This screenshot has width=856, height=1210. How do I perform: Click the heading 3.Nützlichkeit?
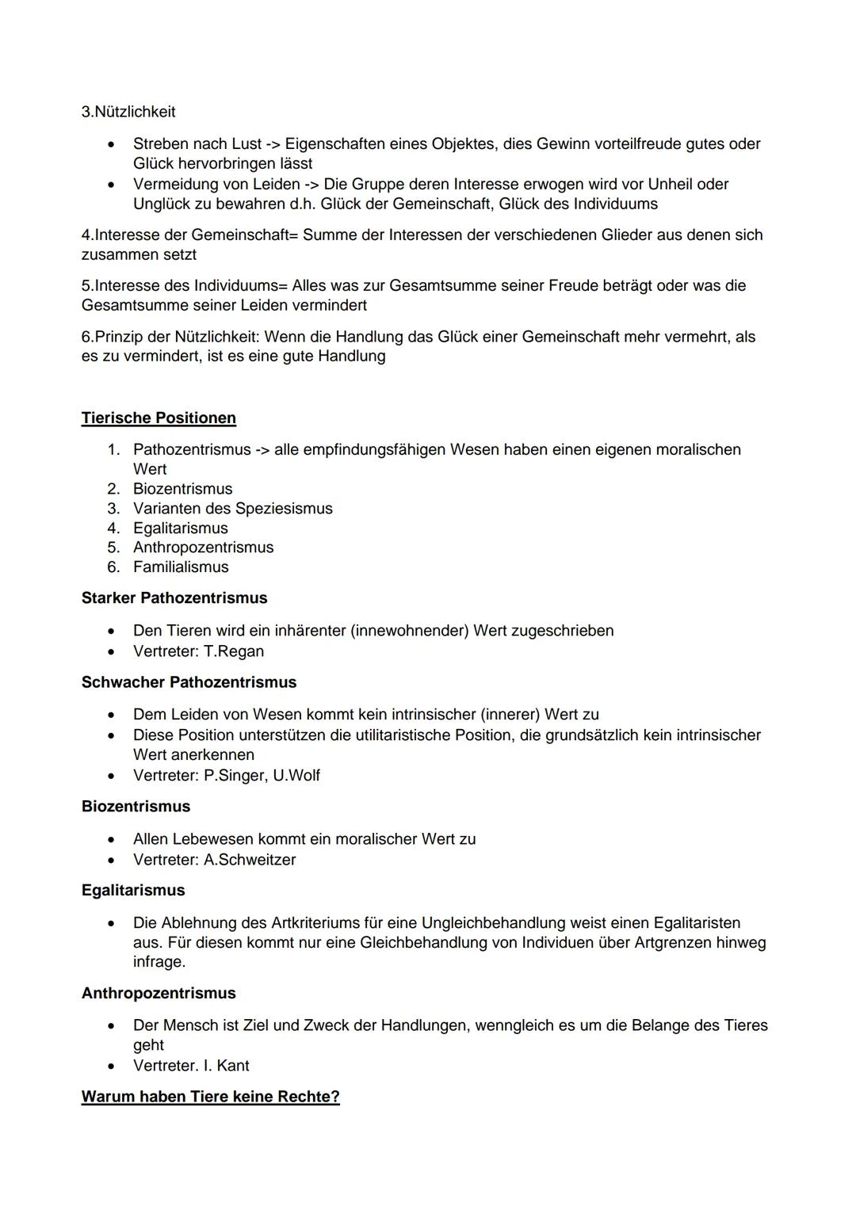tap(128, 112)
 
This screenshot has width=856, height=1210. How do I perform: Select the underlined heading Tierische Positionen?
tap(159, 418)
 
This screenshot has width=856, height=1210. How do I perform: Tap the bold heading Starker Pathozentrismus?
tap(174, 597)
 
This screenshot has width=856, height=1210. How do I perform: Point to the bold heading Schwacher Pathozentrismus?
tap(189, 681)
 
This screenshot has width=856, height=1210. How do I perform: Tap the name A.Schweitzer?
tap(250, 859)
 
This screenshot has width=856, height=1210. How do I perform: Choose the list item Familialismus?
tap(181, 567)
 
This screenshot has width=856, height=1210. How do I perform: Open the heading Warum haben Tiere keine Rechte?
tap(210, 1097)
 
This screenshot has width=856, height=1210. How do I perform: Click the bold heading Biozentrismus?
tap(136, 806)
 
